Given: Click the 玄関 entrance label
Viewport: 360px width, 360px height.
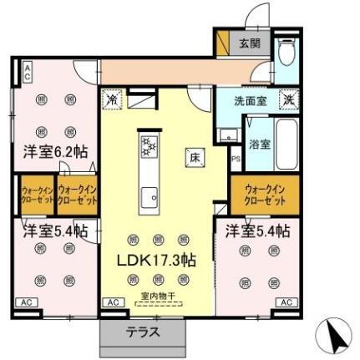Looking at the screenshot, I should pyautogui.click(x=250, y=43).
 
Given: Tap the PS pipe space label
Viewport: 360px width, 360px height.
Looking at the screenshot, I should pyautogui.click(x=236, y=158).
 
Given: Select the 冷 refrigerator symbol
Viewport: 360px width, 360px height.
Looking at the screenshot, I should pyautogui.click(x=111, y=100).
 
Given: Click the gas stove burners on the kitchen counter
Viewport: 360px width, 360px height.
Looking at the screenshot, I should pyautogui.click(x=150, y=148).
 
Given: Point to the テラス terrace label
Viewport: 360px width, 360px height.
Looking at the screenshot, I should pyautogui.click(x=143, y=332).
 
